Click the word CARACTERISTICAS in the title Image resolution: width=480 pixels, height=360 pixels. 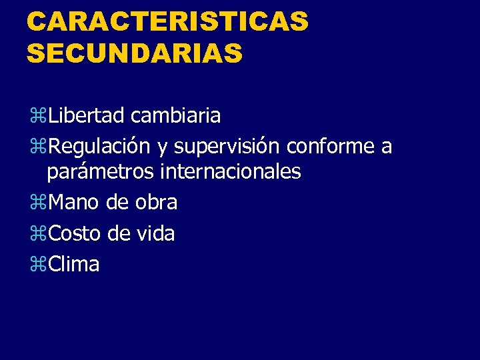click(167, 21)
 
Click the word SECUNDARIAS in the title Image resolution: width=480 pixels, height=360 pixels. click(135, 53)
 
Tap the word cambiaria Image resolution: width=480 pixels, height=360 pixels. click(176, 116)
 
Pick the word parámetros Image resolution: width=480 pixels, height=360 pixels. click(101, 172)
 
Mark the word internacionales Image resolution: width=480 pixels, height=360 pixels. click(231, 172)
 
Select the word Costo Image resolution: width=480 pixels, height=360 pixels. click(75, 233)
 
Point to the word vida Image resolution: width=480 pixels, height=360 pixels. click(155, 233)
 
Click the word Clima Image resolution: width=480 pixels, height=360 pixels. click(74, 264)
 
